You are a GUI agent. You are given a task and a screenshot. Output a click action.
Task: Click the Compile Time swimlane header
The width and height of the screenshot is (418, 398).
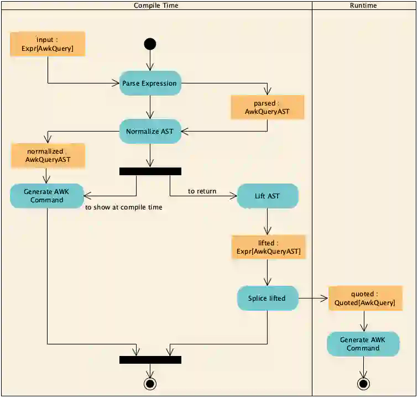(156, 6)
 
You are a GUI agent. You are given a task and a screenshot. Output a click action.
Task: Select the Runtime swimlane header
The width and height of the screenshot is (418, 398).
(363, 6)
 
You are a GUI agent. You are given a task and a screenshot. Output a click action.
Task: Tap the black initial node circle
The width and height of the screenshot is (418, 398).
(150, 44)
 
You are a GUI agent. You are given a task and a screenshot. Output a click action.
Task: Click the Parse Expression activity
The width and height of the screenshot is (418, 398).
(150, 83)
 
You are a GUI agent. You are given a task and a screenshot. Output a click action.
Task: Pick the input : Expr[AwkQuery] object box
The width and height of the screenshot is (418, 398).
(48, 44)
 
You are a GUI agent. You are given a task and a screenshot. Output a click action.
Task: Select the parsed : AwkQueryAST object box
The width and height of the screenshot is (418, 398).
(268, 107)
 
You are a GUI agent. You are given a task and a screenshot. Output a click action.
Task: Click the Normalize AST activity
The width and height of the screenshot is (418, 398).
(150, 132)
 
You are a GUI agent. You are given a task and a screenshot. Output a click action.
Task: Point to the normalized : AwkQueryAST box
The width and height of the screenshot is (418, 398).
(48, 156)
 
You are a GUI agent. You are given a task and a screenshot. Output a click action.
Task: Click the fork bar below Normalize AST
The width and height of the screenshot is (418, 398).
(150, 171)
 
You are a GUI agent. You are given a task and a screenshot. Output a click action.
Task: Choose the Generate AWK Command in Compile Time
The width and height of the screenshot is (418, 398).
(47, 196)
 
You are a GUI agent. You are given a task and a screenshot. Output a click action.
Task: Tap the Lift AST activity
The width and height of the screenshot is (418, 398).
(268, 196)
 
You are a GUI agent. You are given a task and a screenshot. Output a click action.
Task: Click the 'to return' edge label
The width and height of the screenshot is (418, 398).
(202, 191)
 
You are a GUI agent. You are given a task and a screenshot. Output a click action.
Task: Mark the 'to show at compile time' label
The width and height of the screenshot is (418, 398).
(124, 207)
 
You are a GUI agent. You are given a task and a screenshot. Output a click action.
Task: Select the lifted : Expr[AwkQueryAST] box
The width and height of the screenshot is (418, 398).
(268, 247)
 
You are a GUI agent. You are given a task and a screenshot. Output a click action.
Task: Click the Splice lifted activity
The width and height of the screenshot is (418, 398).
(268, 298)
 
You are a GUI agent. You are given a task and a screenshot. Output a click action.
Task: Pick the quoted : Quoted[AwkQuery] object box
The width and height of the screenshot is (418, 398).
(365, 298)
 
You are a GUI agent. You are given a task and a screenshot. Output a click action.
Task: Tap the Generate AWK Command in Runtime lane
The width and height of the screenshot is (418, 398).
(363, 344)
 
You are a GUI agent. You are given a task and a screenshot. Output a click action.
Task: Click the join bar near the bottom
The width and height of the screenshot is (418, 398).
(150, 360)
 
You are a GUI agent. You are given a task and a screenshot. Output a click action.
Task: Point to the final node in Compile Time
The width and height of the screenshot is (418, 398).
(150, 383)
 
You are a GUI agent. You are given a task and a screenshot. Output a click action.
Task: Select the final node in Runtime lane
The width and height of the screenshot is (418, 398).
(363, 383)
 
